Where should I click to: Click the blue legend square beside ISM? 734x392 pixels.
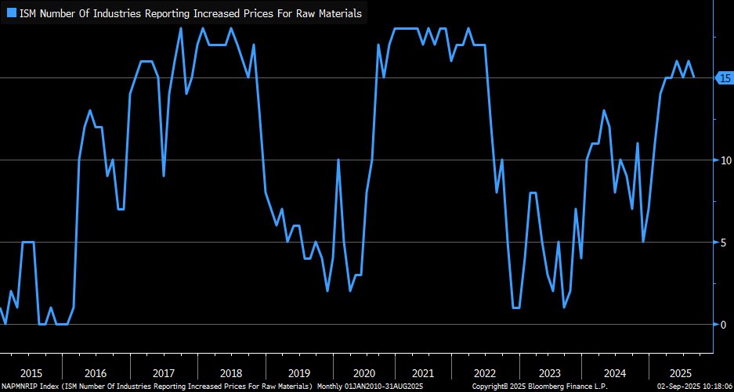[x=11, y=13]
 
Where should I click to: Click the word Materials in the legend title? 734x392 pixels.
[x=338, y=13]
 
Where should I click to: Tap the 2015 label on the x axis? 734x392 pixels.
[x=31, y=374]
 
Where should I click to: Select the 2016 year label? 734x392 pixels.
[x=96, y=374]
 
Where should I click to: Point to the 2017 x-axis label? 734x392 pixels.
[x=164, y=374]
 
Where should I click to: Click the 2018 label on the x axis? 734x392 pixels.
[x=232, y=374]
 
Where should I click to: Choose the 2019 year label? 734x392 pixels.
[x=300, y=374]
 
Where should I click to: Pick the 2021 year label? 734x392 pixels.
[x=423, y=374]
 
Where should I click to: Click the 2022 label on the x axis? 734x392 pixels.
[x=486, y=374]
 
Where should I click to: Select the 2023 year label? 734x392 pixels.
[x=550, y=374]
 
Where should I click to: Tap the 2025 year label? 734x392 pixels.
[x=680, y=374]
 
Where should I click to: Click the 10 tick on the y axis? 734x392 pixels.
[x=725, y=160]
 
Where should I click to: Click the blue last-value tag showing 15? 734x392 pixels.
[x=724, y=77]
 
